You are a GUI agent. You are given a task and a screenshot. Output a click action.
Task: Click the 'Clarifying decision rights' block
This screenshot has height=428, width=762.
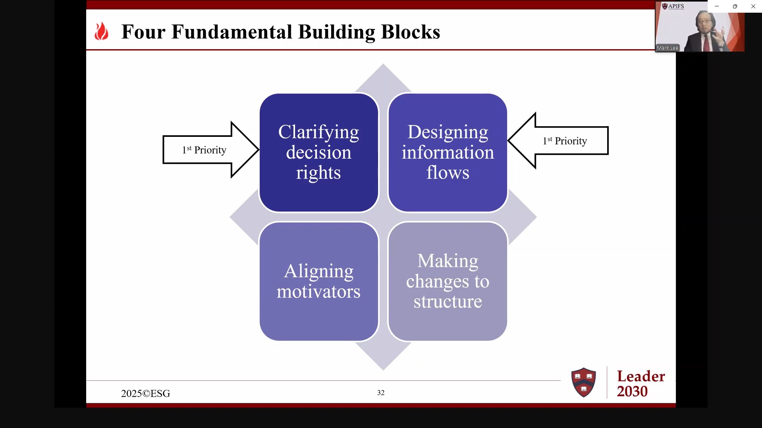coord(318,153)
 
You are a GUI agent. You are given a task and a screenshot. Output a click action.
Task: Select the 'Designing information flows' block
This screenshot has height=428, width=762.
coord(448,153)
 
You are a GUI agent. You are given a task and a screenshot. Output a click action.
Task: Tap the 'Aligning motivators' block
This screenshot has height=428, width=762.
coord(318,281)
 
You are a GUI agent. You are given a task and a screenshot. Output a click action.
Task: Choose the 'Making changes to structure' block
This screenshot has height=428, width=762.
coord(448,281)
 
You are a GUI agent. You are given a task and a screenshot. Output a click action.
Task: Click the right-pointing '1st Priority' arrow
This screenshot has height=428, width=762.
coord(210,150)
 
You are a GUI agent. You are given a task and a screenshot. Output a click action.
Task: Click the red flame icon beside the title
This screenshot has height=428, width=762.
coord(101,31)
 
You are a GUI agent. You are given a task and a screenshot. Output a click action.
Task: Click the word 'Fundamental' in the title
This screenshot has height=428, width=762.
coord(231,32)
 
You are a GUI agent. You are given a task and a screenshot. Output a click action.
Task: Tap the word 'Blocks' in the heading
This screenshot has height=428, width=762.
coord(410,32)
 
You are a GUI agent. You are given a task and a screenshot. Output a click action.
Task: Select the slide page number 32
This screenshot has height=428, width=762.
coord(381,393)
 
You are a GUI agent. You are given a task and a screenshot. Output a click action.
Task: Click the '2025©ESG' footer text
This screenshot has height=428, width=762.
coord(145,393)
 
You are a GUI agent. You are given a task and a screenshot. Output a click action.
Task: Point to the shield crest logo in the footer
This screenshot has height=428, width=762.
coord(583,382)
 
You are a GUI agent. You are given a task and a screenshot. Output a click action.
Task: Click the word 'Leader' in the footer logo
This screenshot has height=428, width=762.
coord(641,376)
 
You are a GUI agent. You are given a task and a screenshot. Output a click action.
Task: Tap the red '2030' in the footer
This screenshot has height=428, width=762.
coord(632,392)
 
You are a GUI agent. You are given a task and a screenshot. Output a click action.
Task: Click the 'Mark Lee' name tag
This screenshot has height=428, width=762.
coord(667,48)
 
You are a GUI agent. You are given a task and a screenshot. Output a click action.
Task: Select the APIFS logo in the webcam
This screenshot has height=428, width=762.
coord(673,6)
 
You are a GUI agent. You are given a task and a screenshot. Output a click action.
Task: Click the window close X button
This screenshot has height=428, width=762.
coord(753,6)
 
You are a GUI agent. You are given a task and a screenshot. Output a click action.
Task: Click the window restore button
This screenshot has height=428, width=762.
coord(735,6)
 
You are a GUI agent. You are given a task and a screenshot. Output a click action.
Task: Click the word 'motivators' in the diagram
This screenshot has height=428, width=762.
coord(318,292)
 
